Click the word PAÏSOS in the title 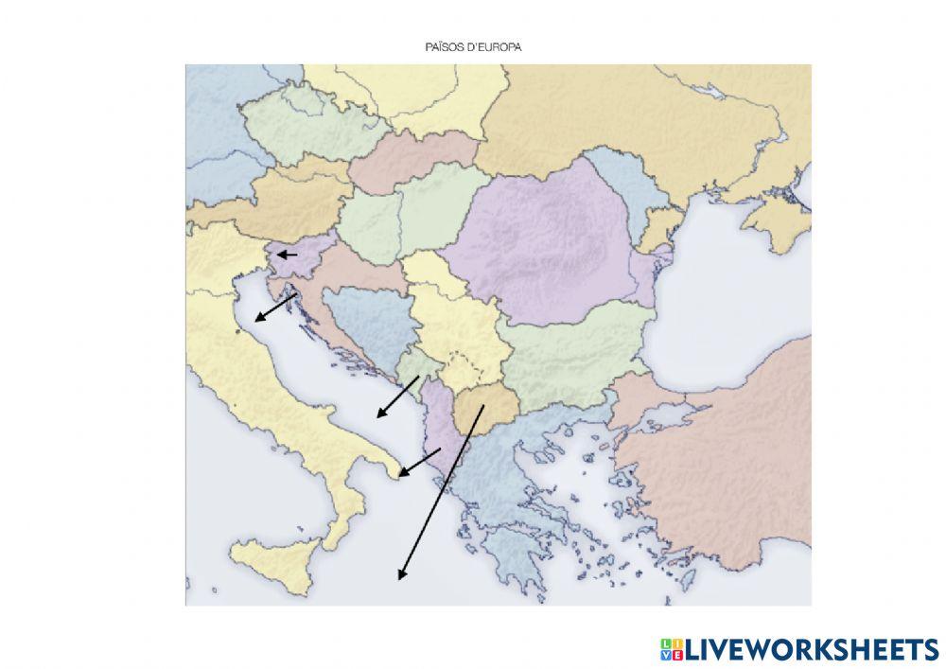point(443,45)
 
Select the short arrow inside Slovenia point(287,255)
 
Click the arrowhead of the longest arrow point(401,575)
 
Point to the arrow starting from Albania point(419,463)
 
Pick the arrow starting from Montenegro point(397,396)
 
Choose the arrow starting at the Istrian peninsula point(275,308)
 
